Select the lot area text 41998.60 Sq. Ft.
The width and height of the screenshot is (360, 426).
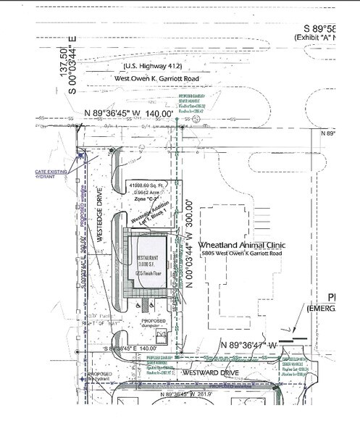click(148, 186)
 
